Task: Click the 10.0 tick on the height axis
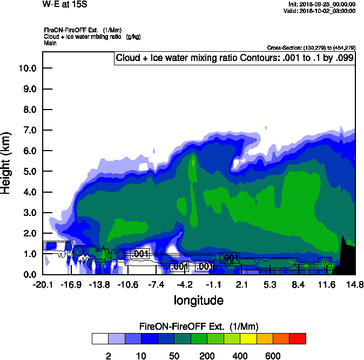point(28,69)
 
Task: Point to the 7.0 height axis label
point(28,130)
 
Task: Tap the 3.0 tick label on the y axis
point(28,213)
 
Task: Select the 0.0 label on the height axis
point(28,275)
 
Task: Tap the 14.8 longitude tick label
point(355,284)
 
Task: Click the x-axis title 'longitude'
point(198,300)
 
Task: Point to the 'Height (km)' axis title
point(7,161)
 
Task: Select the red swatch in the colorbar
point(298,338)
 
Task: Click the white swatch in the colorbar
point(99,338)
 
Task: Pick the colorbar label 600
point(273,356)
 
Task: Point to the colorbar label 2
point(108,356)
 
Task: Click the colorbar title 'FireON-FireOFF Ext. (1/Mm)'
point(199,327)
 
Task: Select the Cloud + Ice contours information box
point(234,58)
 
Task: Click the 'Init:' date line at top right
point(322,4)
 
